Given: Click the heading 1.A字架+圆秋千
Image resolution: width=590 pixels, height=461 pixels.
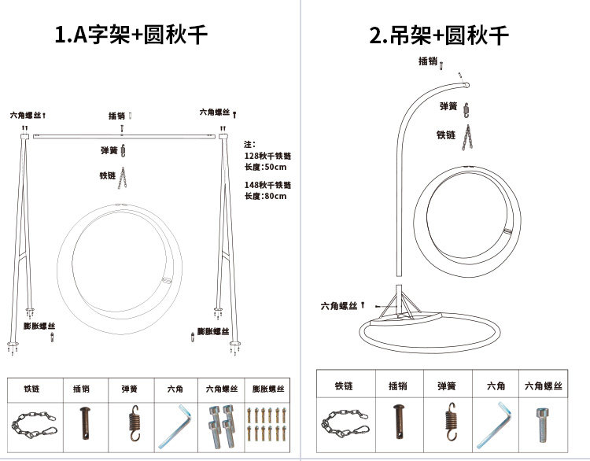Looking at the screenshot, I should (x=131, y=35).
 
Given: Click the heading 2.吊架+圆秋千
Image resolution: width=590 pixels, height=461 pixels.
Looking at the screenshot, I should (x=440, y=35).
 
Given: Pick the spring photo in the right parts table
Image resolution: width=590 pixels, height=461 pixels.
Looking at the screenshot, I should (x=450, y=425).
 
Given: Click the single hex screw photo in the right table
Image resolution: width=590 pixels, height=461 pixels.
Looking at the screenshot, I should (x=543, y=425).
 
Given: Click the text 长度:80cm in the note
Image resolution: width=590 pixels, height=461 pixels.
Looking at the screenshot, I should (x=266, y=196).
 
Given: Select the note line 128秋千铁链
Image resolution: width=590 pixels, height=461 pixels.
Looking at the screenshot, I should (x=267, y=157).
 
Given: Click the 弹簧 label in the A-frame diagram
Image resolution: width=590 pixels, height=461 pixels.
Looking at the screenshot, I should (x=109, y=149).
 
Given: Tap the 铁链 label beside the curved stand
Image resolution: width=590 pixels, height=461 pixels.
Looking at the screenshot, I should (x=446, y=135).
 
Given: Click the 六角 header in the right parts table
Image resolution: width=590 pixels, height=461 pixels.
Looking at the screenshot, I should (x=496, y=386).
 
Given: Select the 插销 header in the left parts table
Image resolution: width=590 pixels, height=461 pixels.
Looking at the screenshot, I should (x=82, y=389).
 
